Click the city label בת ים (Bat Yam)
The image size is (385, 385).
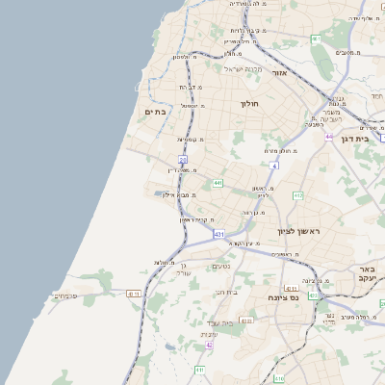[x=156, y=112]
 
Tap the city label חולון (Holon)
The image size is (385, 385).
[x=249, y=103]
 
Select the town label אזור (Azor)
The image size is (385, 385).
[x=280, y=72]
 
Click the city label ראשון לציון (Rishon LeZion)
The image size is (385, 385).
[x=297, y=231]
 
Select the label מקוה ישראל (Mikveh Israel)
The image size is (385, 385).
[x=244, y=69]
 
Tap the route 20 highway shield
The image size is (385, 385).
[x=183, y=160]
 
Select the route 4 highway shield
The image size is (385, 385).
[x=273, y=166]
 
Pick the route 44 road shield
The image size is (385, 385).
[x=329, y=137]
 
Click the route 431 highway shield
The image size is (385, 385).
[x=219, y=234]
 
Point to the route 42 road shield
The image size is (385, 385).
[x=209, y=345]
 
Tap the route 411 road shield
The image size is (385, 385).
[x=199, y=369]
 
